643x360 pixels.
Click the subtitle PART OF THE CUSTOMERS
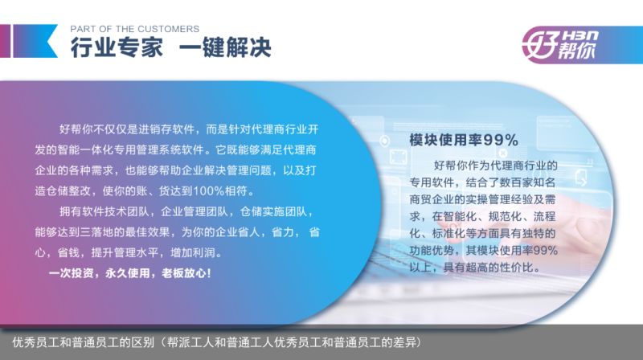pyautogui.click(x=134, y=29)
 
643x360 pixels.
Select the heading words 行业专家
pyautogui.click(x=117, y=47)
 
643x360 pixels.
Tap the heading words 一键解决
pyautogui.click(x=225, y=47)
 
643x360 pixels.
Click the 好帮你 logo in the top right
pyautogui.click(x=560, y=45)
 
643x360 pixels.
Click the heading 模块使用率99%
pyautogui.click(x=464, y=141)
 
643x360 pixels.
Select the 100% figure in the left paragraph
pyautogui.click(x=208, y=190)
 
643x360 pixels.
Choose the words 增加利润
pyautogui.click(x=192, y=252)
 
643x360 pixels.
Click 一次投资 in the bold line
pyautogui.click(x=71, y=273)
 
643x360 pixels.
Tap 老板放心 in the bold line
pyautogui.click(x=184, y=273)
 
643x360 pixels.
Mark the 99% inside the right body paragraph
pyautogui.click(x=545, y=250)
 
